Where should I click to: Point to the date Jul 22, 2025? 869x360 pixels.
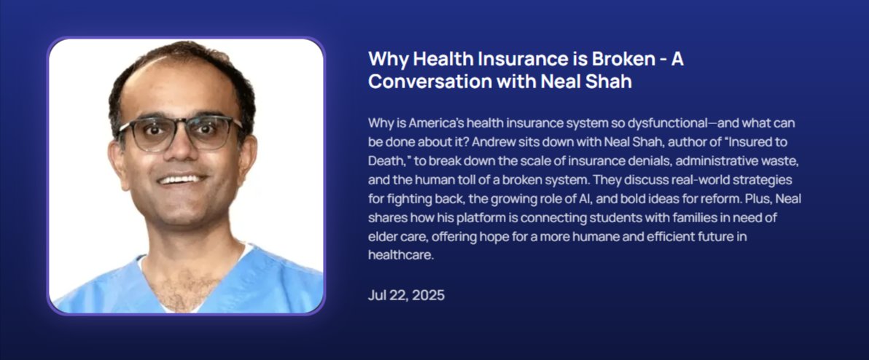click(406, 295)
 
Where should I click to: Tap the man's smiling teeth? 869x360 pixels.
click(180, 179)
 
